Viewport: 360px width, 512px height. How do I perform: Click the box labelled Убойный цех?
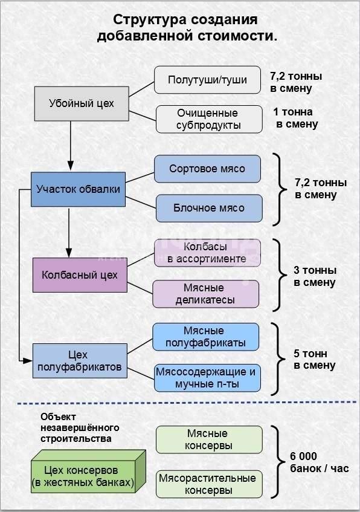tap(82, 103)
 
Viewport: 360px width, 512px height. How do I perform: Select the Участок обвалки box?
tap(78, 189)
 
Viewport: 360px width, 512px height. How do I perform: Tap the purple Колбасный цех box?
tap(80, 275)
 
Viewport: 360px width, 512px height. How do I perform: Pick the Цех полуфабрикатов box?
tap(80, 361)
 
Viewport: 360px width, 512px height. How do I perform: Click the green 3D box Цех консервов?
tap(88, 472)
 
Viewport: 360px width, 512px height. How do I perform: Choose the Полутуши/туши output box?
tap(207, 80)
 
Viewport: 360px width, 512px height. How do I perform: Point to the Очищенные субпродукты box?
tap(209, 119)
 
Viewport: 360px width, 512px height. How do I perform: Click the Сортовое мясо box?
tap(207, 169)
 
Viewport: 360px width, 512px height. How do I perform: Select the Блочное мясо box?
tap(209, 208)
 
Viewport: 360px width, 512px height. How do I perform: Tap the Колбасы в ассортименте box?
tap(207, 253)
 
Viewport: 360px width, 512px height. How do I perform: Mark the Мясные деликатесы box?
tap(205, 294)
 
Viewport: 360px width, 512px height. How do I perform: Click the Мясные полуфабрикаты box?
tap(205, 337)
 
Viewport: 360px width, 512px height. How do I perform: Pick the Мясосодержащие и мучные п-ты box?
tap(207, 378)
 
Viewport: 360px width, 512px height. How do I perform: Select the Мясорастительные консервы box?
tap(209, 484)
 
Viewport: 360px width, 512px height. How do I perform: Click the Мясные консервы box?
tap(209, 439)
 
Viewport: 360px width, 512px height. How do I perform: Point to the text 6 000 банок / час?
tap(319, 462)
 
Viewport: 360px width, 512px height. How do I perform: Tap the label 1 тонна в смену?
tap(295, 118)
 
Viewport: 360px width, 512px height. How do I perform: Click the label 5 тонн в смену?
tap(314, 359)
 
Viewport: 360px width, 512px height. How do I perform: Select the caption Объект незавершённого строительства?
tap(80, 427)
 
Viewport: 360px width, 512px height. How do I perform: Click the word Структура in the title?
tap(150, 20)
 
